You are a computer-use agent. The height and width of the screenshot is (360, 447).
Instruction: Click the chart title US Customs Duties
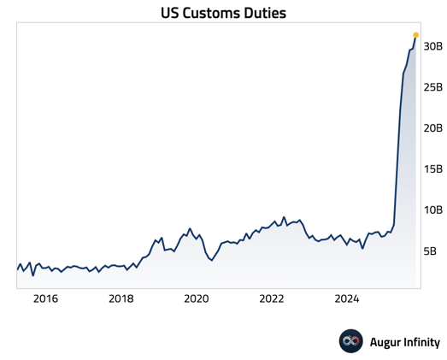pos(223,14)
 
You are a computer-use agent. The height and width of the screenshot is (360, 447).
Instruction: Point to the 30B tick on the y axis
pos(432,46)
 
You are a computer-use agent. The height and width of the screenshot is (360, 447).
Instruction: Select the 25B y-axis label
pos(432,87)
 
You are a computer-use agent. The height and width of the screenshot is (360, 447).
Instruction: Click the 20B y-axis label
pos(432,128)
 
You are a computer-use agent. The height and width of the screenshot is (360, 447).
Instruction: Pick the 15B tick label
pos(432,169)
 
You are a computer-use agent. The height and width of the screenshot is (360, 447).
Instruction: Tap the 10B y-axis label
pos(432,210)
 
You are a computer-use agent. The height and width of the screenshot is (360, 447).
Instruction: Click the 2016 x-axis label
pos(45,298)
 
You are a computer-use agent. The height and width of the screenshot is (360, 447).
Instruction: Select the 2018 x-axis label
pos(121,298)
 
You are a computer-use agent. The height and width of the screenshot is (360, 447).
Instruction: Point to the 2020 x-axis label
pos(197,298)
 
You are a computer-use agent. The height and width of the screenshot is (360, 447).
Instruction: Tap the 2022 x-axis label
pos(272,298)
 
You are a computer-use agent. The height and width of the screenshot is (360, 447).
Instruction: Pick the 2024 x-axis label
pos(347,298)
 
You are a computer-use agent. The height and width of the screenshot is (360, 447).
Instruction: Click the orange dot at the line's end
pos(416,35)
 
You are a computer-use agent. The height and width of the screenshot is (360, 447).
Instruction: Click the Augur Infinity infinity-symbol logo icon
pos(351,341)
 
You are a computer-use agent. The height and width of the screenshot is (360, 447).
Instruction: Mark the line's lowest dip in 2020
pos(212,260)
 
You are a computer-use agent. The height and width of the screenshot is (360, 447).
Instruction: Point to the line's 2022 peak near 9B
pos(284,217)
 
